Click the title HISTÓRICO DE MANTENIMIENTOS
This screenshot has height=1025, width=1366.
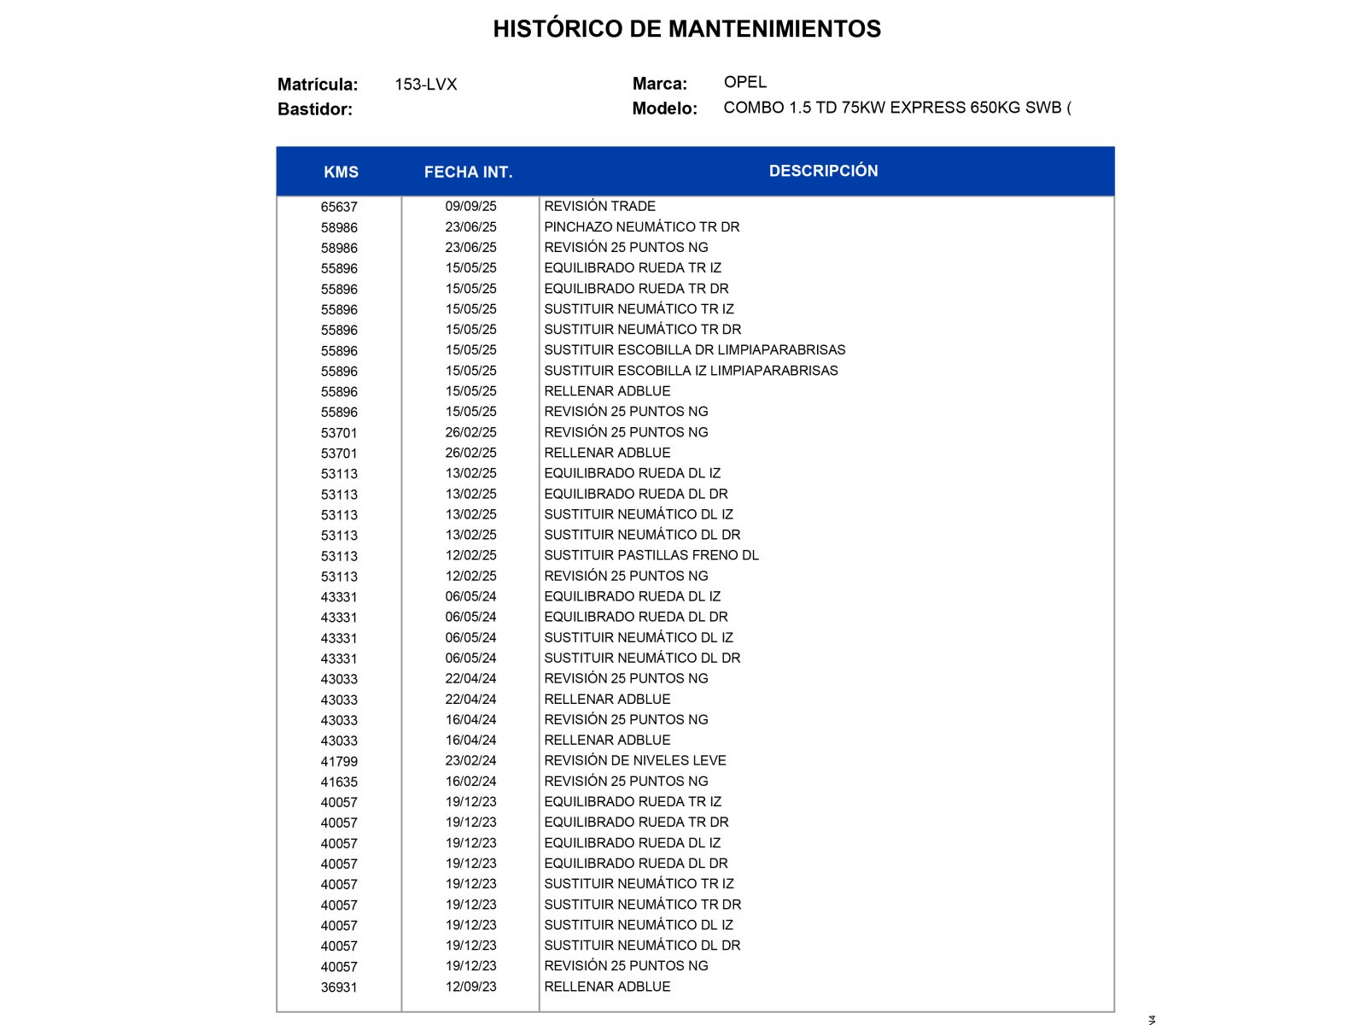pyautogui.click(x=686, y=29)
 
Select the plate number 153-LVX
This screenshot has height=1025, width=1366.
pyautogui.click(x=425, y=85)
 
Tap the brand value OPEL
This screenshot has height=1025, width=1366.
pyautogui.click(x=744, y=82)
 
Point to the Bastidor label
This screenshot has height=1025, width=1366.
pyautogui.click(x=314, y=109)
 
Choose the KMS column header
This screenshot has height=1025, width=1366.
pyautogui.click(x=341, y=172)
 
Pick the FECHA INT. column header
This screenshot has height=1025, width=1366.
pyautogui.click(x=468, y=172)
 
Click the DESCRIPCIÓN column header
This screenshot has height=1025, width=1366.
pyautogui.click(x=823, y=171)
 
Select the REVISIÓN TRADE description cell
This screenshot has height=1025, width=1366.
pyautogui.click(x=599, y=206)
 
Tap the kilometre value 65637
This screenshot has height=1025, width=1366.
pyautogui.click(x=339, y=207)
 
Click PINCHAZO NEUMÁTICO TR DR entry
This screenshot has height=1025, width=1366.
pyautogui.click(x=641, y=226)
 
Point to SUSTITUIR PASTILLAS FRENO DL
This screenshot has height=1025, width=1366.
pyautogui.click(x=651, y=555)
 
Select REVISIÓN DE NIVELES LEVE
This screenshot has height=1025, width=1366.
pyautogui.click(x=634, y=760)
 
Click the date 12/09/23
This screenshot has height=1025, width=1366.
pyautogui.click(x=470, y=987)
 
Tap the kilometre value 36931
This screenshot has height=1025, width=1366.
pyautogui.click(x=339, y=987)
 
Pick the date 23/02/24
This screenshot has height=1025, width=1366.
pyautogui.click(x=470, y=760)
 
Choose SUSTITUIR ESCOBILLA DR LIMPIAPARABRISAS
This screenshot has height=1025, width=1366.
pyautogui.click(x=694, y=349)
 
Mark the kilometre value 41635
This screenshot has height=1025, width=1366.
pyautogui.click(x=339, y=782)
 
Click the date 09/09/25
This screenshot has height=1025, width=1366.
pyautogui.click(x=470, y=206)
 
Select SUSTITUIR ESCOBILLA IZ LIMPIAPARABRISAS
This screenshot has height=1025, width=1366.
pyautogui.click(x=691, y=370)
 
